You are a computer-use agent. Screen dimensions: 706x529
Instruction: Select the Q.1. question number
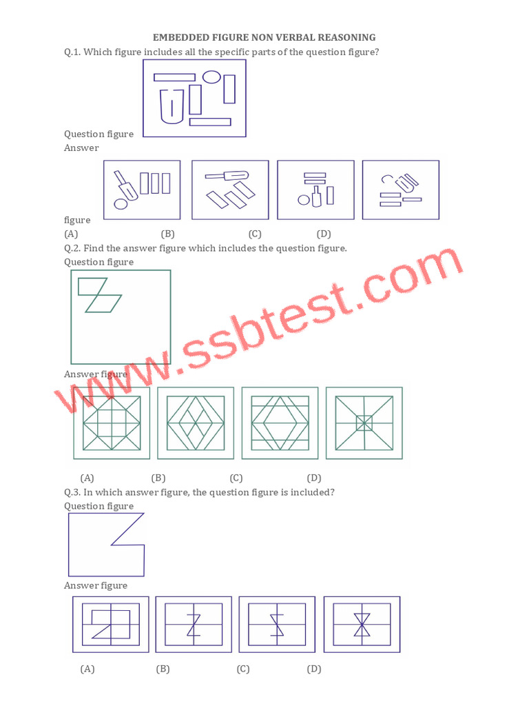(72, 52)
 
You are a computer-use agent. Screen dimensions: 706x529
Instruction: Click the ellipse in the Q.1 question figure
(211, 77)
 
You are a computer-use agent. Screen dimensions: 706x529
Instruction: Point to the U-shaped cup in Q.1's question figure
(172, 105)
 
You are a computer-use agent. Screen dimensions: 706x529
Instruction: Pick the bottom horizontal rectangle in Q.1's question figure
(210, 122)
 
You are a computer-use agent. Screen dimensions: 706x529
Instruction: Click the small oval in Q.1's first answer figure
(121, 203)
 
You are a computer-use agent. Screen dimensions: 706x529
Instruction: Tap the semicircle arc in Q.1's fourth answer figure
(387, 179)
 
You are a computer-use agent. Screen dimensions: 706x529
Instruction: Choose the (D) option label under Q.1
(324, 234)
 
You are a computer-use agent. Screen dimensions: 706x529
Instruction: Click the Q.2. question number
(72, 248)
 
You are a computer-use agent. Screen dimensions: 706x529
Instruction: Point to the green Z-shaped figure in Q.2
(99, 295)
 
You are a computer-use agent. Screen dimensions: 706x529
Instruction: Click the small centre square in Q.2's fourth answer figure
(364, 423)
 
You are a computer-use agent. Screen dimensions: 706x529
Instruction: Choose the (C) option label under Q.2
(236, 478)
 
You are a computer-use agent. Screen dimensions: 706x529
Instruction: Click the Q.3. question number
(72, 492)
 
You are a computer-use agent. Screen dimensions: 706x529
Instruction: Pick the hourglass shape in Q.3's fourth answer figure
(362, 624)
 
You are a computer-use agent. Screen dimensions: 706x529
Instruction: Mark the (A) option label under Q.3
(87, 669)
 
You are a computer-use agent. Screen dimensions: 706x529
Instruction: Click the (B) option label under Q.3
(163, 669)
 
